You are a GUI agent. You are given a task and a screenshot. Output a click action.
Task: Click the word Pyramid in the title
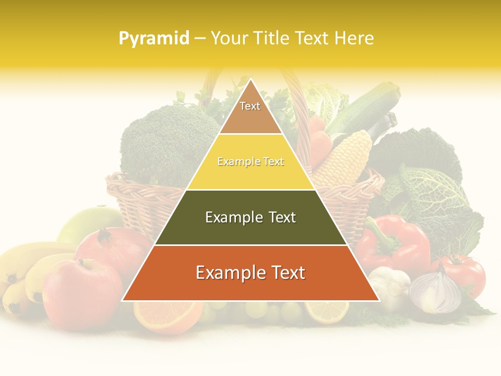click(154, 39)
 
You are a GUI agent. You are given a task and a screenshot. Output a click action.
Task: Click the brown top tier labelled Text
click(250, 110)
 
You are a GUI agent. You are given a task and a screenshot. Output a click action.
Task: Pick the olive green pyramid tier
click(250, 218)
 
